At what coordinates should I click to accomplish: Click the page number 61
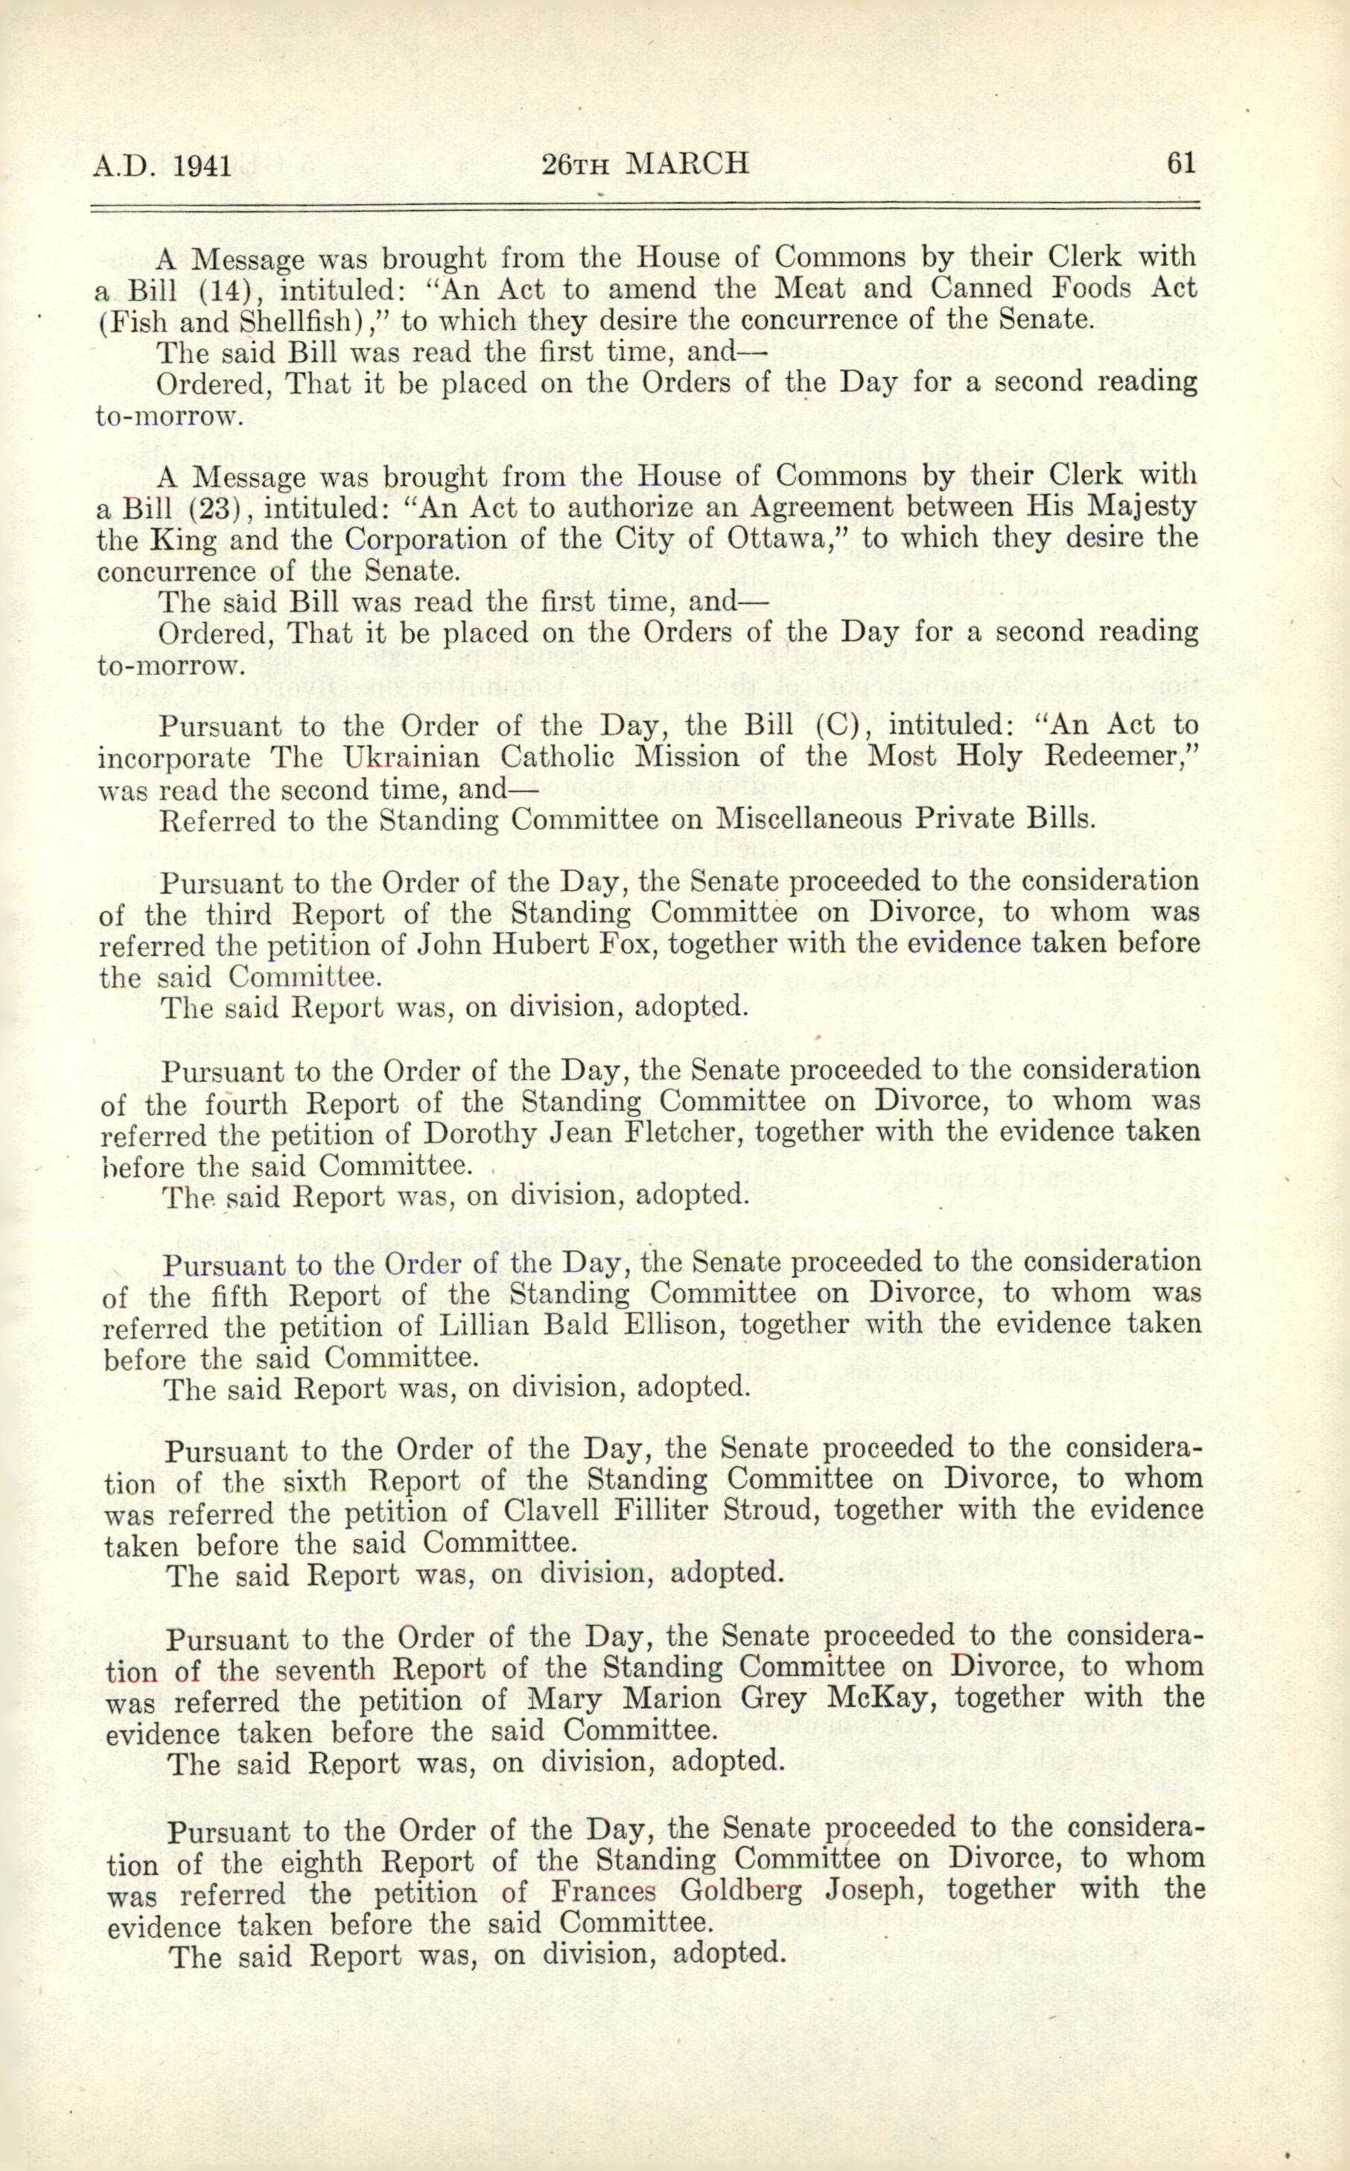(x=1179, y=163)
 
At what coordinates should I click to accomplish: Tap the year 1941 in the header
(x=203, y=166)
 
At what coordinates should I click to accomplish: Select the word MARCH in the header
(x=687, y=163)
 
